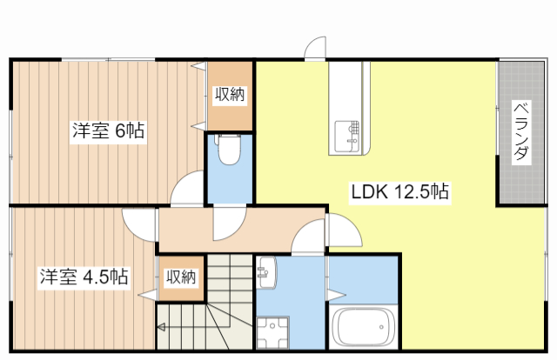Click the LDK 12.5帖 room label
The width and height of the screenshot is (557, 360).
400,192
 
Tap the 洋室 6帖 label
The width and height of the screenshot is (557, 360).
108,131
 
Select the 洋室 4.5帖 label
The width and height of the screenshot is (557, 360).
84,277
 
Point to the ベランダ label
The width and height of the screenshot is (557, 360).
521,132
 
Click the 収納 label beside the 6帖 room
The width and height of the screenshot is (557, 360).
230,95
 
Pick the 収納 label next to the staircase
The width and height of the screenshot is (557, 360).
181,277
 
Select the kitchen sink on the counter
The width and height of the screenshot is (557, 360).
347,137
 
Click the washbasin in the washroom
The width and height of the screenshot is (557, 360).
267,272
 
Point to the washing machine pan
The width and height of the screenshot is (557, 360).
272,333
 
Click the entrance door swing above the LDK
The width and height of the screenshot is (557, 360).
315,47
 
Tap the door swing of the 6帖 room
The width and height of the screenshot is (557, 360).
187,188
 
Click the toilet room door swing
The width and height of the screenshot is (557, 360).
230,223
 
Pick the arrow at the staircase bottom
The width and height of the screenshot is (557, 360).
161,327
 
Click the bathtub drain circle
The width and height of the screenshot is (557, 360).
381,327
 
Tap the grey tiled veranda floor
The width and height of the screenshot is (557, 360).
521,133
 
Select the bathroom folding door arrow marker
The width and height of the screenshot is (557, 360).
337,295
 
